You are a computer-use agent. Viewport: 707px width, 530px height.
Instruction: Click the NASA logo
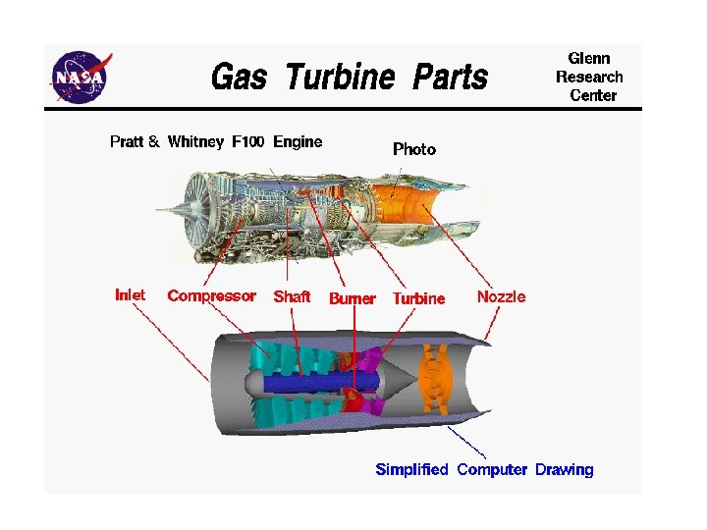(x=82, y=76)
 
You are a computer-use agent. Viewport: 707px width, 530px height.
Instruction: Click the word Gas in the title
(x=239, y=76)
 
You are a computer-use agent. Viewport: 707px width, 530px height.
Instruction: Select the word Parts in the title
(x=450, y=76)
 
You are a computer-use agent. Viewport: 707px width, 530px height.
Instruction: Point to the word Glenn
(x=589, y=58)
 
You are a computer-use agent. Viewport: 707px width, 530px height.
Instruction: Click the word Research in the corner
(x=589, y=77)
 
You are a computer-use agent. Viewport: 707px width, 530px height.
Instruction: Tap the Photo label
(x=414, y=149)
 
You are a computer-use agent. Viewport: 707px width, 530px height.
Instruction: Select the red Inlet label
(x=130, y=294)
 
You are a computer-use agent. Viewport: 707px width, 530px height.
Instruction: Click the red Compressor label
(x=211, y=295)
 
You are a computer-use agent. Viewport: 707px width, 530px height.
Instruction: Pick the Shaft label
(x=292, y=296)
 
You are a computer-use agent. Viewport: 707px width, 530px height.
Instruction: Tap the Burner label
(x=352, y=298)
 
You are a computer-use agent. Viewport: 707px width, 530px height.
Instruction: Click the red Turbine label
(x=418, y=298)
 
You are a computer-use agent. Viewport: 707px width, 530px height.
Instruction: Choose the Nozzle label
(x=501, y=296)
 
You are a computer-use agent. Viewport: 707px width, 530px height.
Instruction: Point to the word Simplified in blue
(x=411, y=469)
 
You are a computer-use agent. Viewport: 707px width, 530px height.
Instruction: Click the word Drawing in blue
(x=564, y=469)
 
